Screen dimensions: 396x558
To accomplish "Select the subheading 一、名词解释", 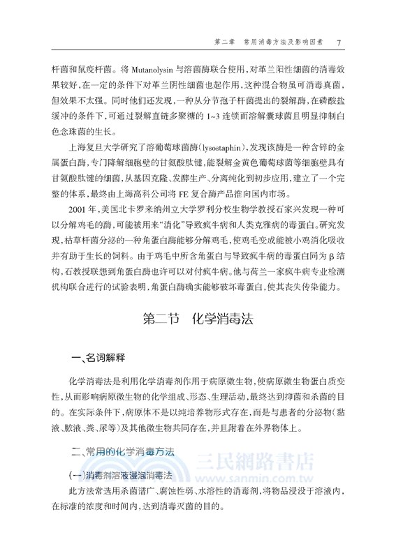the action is click(x=98, y=358).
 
